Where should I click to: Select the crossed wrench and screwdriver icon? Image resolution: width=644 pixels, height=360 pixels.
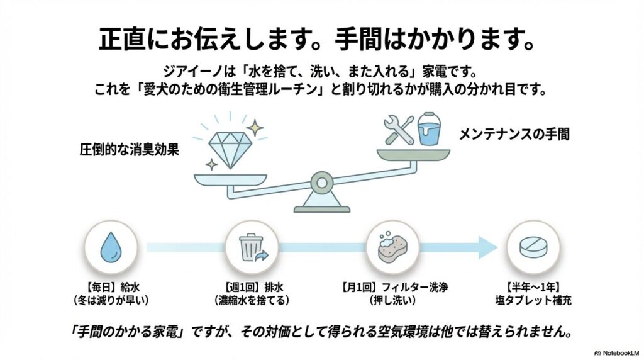[399, 131]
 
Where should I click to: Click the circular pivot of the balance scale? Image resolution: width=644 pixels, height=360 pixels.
[321, 183]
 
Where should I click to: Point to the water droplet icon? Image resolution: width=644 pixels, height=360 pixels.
[111, 247]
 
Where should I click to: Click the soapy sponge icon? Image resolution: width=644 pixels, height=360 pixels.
[392, 247]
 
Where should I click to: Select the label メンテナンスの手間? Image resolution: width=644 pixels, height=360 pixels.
[514, 134]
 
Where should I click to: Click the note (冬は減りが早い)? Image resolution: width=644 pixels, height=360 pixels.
[110, 300]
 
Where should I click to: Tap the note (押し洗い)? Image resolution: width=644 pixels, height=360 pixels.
[392, 300]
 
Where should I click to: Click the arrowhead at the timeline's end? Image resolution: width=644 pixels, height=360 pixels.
[487, 247]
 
